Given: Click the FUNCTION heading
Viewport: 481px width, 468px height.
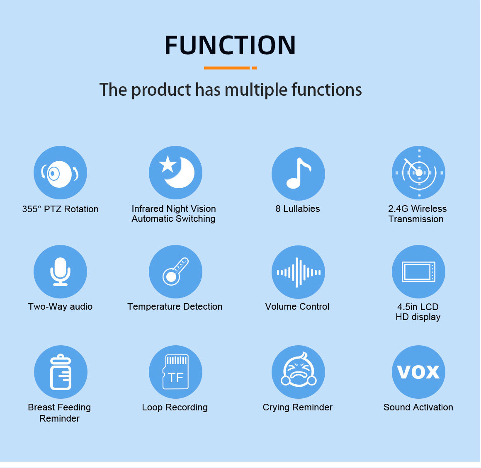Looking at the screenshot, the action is click(230, 45).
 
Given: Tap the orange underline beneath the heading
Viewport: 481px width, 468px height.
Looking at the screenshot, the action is click(230, 68).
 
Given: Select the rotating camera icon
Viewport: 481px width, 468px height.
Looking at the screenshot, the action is click(60, 173).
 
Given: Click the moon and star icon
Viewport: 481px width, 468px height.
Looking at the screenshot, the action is click(175, 173).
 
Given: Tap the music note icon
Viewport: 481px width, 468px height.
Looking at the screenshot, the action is click(298, 174).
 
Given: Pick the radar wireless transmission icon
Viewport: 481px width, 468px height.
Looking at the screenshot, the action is click(418, 173).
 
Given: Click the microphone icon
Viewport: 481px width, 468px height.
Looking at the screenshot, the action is click(60, 272).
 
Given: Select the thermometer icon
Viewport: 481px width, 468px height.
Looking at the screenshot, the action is click(175, 272).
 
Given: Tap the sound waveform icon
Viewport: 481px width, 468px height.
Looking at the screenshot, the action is click(298, 272).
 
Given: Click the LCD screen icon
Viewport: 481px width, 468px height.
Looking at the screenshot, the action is click(418, 272).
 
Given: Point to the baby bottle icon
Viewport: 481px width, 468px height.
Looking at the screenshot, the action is click(61, 372).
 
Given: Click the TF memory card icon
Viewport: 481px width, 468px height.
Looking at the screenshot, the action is click(175, 372).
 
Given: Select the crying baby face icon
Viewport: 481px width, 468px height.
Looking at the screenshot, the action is click(298, 372).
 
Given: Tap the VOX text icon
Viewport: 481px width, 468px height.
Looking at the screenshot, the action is click(418, 372).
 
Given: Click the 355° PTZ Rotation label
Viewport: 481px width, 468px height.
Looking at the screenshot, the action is click(60, 209).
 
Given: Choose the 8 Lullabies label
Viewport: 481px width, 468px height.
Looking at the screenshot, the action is click(298, 209).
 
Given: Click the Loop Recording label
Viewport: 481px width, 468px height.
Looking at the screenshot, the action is click(175, 407).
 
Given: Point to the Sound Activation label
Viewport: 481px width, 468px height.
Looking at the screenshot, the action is click(418, 407).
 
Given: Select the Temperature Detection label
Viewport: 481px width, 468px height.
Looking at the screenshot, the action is click(175, 307).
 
